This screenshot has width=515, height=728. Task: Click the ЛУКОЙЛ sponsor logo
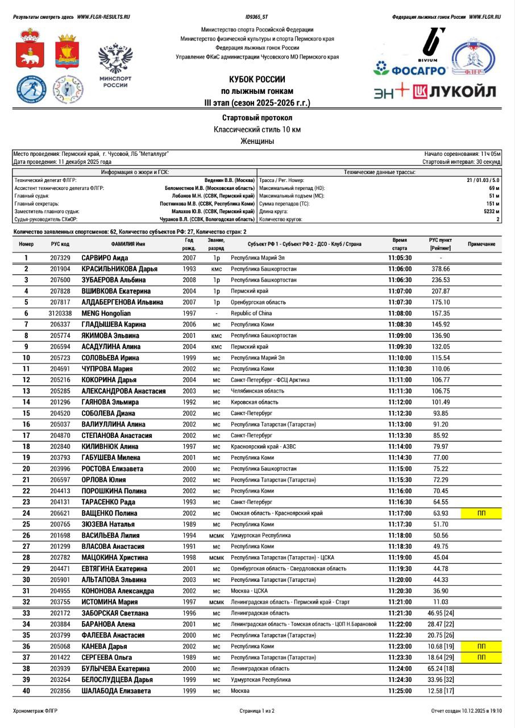tap(455, 91)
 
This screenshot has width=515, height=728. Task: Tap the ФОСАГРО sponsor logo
tap(410, 70)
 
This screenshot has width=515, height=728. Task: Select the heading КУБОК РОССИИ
tap(257, 79)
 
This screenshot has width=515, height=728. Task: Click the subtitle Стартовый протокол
tap(257, 118)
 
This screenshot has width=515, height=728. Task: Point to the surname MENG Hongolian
tap(106, 313)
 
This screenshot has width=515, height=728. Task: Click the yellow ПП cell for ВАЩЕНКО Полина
tap(481, 513)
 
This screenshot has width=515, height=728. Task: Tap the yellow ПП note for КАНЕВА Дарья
tap(481, 647)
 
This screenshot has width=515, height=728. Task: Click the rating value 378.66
tap(441, 269)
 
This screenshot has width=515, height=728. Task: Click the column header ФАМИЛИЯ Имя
tap(128, 244)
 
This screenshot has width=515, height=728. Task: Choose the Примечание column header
tap(481, 244)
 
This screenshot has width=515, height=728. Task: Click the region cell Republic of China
tap(251, 313)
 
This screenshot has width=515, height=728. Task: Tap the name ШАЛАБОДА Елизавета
tap(117, 691)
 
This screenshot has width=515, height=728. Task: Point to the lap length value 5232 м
tap(492, 211)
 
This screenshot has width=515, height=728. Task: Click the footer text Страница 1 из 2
tap(257, 711)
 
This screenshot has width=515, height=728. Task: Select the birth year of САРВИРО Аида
tap(189, 258)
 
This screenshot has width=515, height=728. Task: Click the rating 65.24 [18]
tap(441, 669)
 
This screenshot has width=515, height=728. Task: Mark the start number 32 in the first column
tap(26, 602)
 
